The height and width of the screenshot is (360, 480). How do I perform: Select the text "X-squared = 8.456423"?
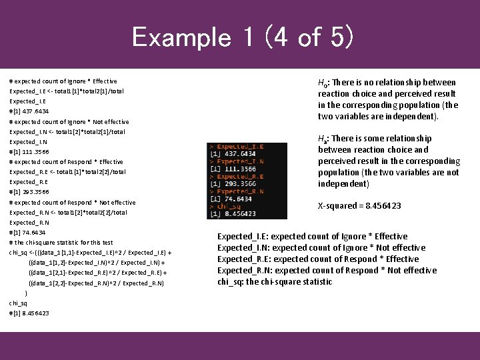point(359,206)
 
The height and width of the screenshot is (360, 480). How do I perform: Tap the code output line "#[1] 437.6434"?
point(29,111)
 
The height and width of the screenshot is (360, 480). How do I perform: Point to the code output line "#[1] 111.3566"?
point(29,151)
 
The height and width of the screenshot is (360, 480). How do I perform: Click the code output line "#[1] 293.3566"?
point(29,192)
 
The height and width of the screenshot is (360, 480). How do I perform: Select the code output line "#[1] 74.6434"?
point(27,233)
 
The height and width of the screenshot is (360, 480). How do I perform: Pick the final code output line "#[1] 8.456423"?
point(29,313)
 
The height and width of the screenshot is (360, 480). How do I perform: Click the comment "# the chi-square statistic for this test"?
point(61,243)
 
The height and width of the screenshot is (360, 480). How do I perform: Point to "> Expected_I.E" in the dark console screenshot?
point(237,146)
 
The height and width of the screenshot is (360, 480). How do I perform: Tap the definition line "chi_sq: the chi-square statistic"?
point(274,281)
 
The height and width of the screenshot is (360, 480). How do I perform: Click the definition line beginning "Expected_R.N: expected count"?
point(327,270)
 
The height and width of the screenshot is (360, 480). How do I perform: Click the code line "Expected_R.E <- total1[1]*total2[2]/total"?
point(67,172)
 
